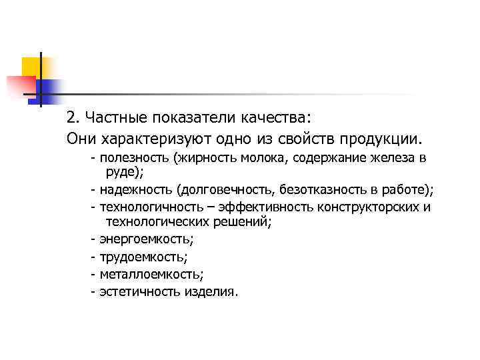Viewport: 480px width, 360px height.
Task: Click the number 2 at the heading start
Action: (x=71, y=118)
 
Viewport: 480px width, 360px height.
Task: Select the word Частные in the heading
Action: (x=108, y=118)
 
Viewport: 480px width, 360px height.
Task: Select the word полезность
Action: (x=133, y=159)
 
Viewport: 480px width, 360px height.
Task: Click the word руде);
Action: (x=125, y=172)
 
